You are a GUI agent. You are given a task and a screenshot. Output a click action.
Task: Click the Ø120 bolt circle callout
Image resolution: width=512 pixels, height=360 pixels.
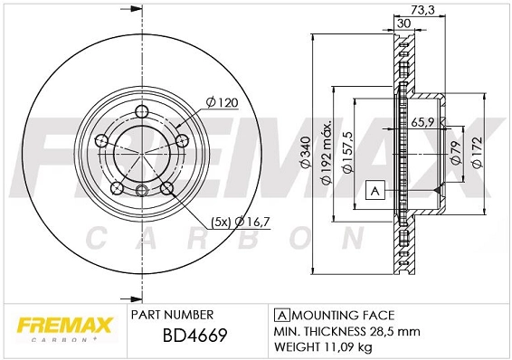(x=221, y=103)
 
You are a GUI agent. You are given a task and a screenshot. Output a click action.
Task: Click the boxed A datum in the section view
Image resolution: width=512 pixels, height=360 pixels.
(x=374, y=190)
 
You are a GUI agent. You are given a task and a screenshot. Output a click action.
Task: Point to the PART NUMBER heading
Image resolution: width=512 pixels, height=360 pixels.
(x=172, y=315)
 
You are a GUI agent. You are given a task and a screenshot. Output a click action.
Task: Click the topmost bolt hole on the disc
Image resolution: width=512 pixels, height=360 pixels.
(x=142, y=113)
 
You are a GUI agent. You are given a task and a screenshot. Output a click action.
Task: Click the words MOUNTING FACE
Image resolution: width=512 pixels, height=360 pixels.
(x=342, y=315)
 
